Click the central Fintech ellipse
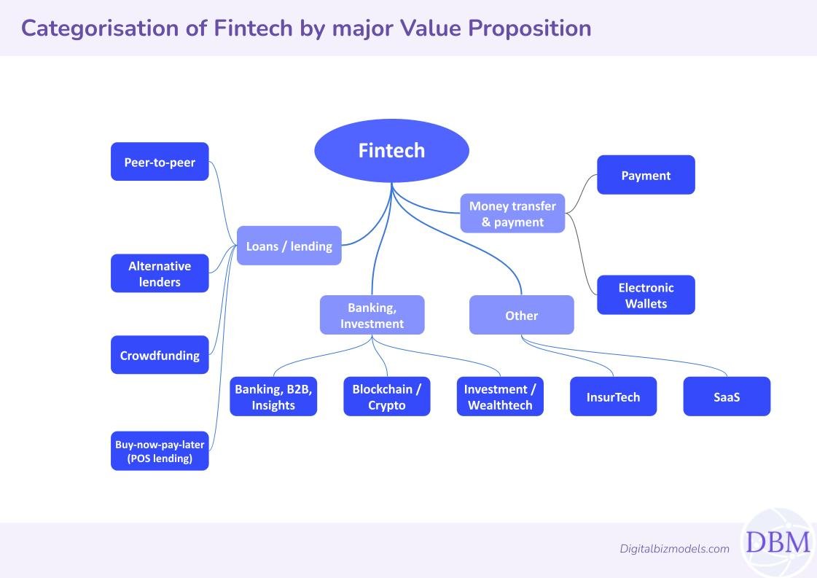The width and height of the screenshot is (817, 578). click(391, 151)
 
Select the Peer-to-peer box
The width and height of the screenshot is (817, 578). click(160, 162)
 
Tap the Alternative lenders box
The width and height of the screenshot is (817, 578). click(160, 273)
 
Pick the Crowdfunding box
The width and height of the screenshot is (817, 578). click(160, 356)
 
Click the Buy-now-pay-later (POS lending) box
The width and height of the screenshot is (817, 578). click(160, 451)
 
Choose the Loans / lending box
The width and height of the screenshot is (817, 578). click(289, 246)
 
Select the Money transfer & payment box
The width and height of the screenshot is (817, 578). click(512, 214)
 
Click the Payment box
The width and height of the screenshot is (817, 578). click(646, 175)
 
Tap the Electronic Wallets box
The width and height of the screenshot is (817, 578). click(646, 295)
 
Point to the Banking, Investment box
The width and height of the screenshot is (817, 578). click(372, 315)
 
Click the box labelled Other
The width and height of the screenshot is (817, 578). click(521, 315)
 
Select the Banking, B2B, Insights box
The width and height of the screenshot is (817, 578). click(273, 397)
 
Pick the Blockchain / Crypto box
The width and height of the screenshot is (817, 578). click(386, 397)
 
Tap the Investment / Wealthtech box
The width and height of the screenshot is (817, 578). click(500, 397)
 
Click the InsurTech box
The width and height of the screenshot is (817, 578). click(613, 397)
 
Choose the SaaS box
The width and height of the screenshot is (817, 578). click(727, 397)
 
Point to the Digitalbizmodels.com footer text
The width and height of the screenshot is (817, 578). click(674, 549)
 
